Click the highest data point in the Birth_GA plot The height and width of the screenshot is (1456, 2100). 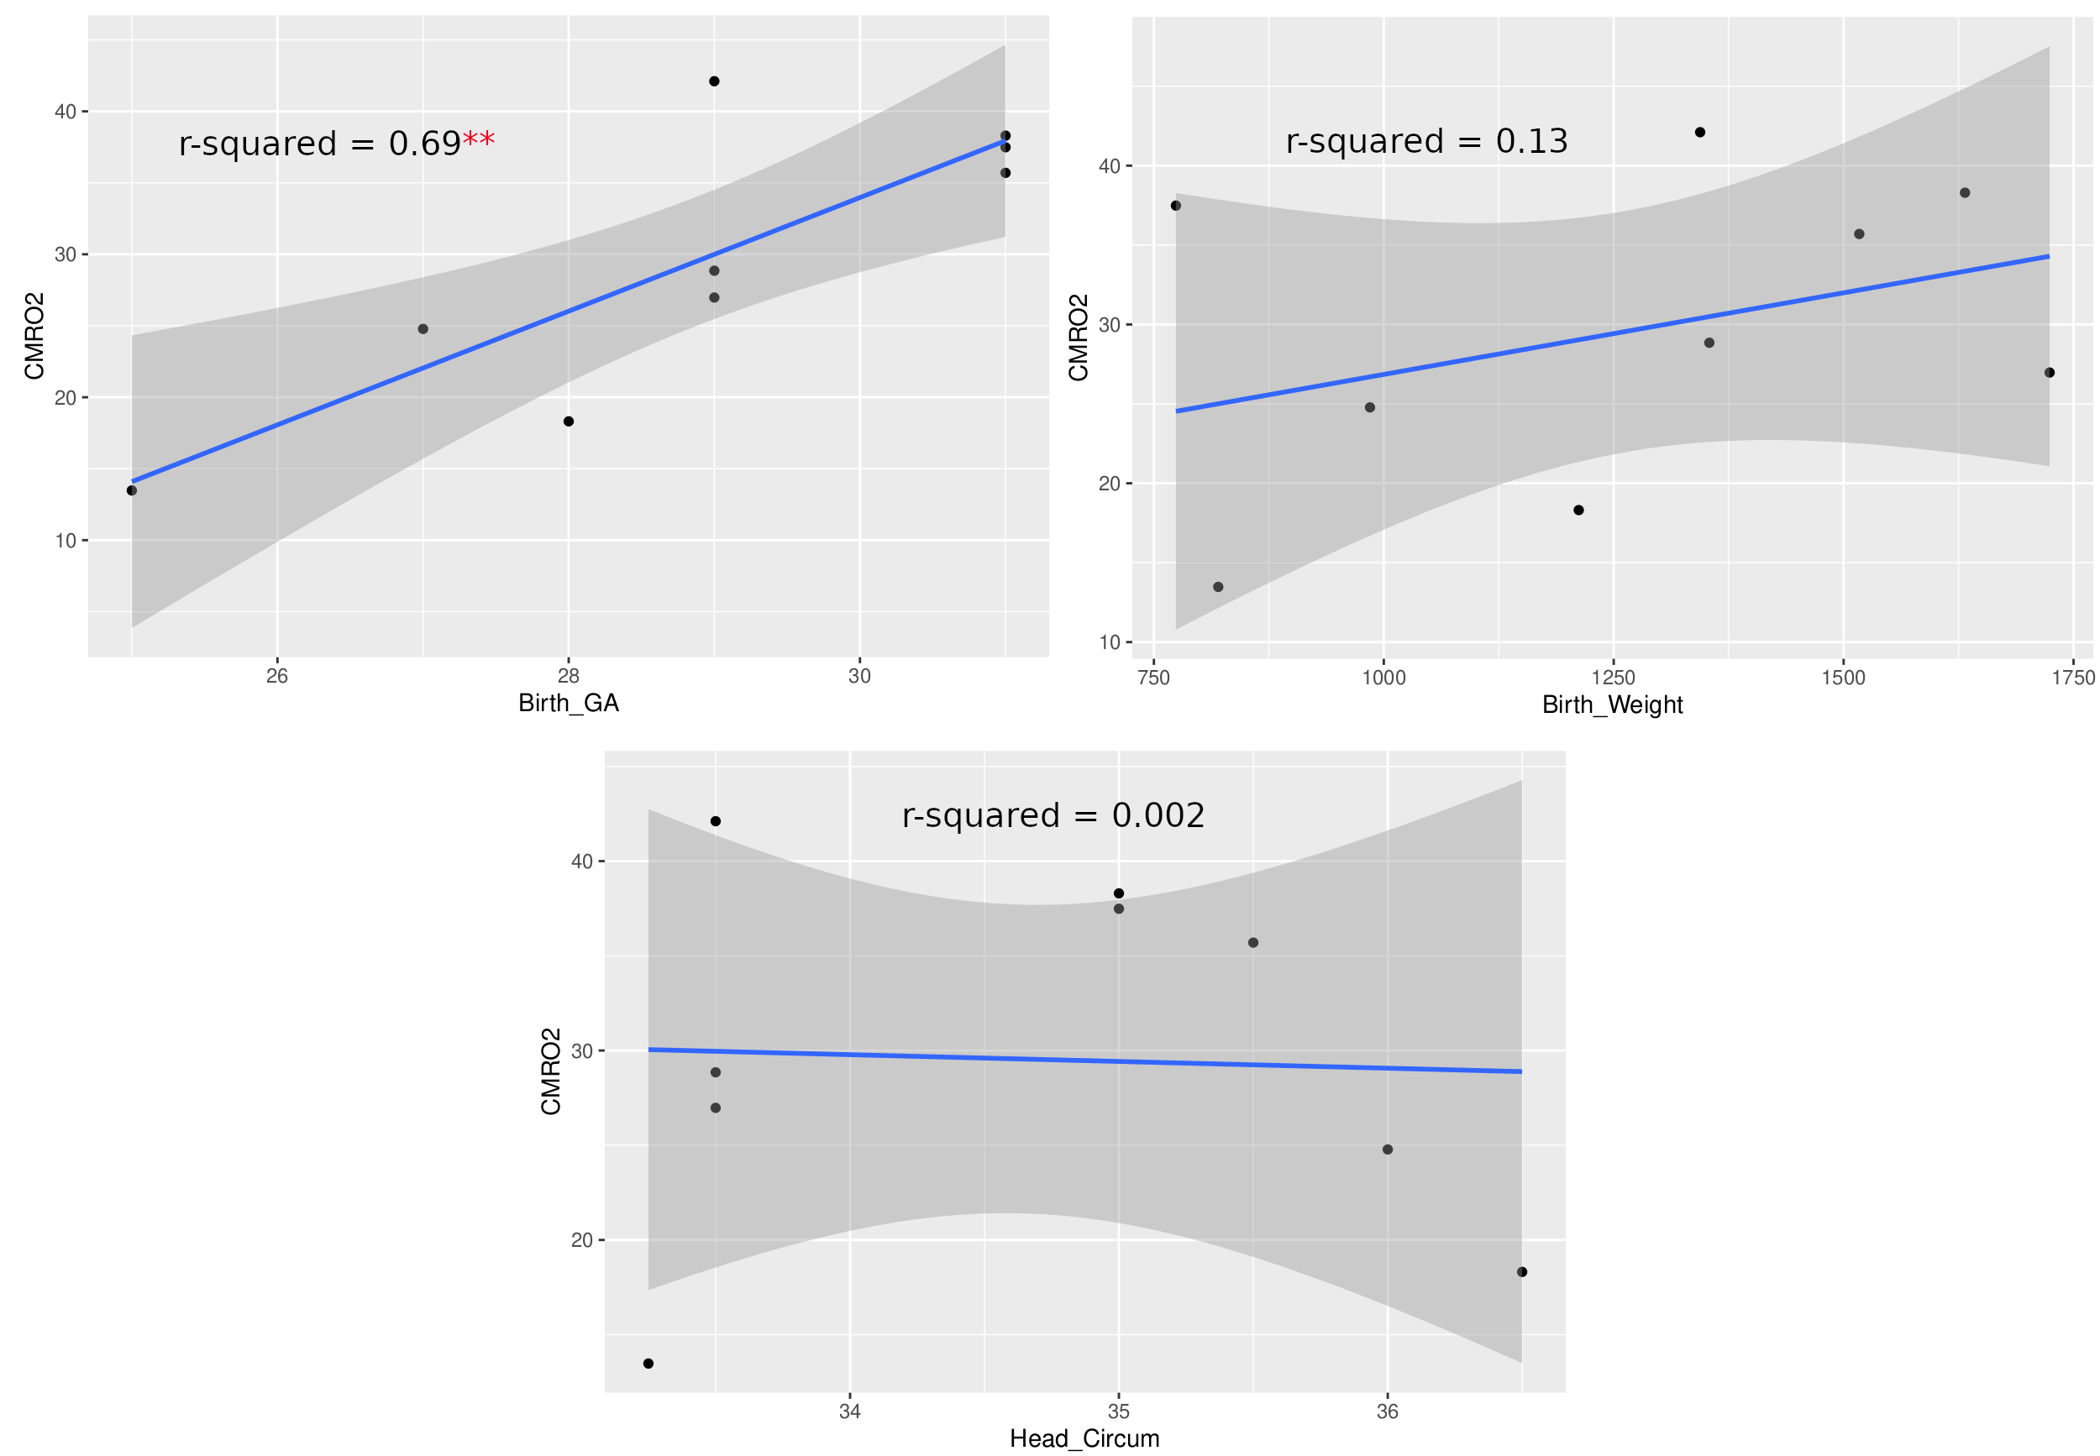click(x=714, y=81)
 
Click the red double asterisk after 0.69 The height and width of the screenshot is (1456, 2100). click(x=478, y=141)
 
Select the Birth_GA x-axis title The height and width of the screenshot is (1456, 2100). click(x=568, y=703)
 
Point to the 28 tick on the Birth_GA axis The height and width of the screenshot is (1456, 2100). click(x=568, y=676)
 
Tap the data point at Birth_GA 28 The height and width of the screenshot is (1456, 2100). click(x=568, y=422)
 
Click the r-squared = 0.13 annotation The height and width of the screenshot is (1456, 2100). click(x=1425, y=141)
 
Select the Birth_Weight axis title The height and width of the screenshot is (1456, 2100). click(x=1612, y=704)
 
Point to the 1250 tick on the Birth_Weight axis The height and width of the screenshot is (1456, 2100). click(x=1613, y=678)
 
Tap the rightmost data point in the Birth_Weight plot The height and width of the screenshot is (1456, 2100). click(x=2049, y=372)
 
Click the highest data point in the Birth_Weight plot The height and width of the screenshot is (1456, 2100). click(x=1699, y=133)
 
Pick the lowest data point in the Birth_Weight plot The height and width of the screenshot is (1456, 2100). click(x=1217, y=587)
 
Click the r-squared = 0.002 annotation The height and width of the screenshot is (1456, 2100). click(x=1053, y=814)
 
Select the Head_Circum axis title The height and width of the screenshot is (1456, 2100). click(x=1084, y=1438)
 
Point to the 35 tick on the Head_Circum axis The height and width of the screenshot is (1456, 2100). click(x=1118, y=1411)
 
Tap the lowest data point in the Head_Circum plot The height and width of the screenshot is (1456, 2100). click(x=648, y=1364)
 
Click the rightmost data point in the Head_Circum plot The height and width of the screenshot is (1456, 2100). click(x=1521, y=1272)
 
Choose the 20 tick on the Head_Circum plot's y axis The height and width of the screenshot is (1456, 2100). click(x=581, y=1240)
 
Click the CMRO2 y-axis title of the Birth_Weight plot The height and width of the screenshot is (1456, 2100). click(x=1078, y=338)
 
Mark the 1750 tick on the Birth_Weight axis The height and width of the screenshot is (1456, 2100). click(x=2072, y=678)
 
